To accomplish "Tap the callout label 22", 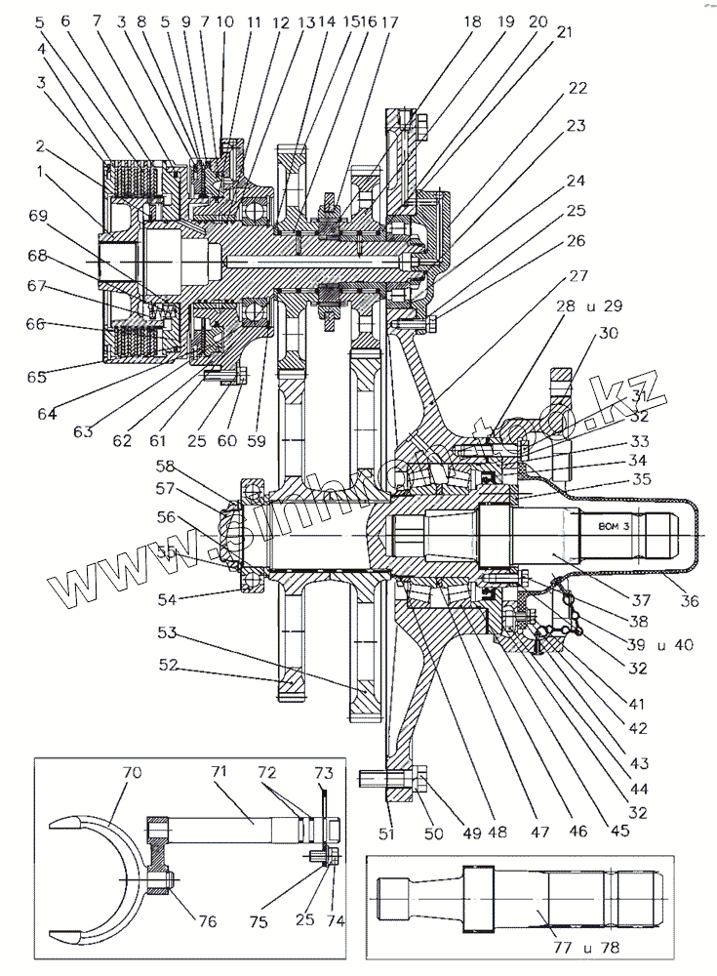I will click(x=578, y=87).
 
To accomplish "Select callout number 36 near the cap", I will click(x=689, y=601).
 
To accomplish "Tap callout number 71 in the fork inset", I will click(x=219, y=772).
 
